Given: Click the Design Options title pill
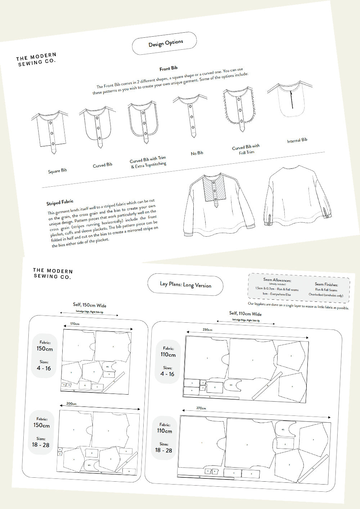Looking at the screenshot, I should (x=165, y=43).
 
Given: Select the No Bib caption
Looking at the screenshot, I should (x=197, y=153).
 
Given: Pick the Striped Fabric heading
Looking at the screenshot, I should (x=60, y=202).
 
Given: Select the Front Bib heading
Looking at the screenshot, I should (x=168, y=68).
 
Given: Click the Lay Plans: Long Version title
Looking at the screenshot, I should (x=185, y=285).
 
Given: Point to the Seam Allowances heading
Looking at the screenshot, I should (x=277, y=280).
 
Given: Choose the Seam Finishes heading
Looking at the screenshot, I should (x=326, y=284).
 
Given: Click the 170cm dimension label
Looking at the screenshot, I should (x=75, y=324).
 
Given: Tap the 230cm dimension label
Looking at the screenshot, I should (x=207, y=330).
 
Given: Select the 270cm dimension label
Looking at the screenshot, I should (x=201, y=408).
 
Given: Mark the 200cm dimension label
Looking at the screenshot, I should (x=71, y=404).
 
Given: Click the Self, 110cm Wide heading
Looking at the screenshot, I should (x=245, y=314).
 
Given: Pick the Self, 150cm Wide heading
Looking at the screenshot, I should (x=90, y=305).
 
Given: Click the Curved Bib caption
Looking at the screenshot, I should (x=103, y=165).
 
